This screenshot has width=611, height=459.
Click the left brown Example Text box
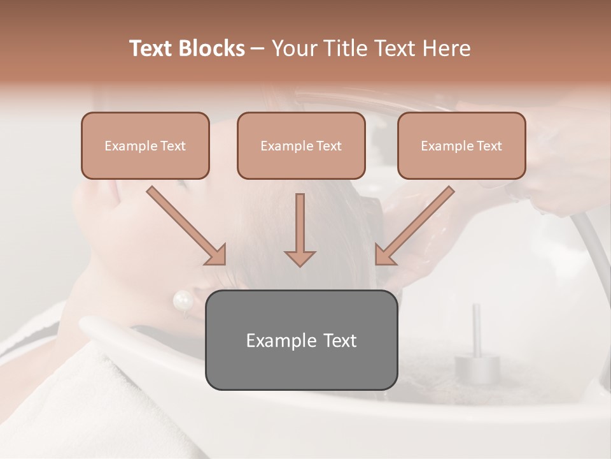(145, 146)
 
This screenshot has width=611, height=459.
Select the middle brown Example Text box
(301, 146)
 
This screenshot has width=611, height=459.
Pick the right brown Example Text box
(461, 146)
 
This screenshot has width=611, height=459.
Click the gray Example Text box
(301, 340)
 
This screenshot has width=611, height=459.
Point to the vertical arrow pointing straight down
(300, 229)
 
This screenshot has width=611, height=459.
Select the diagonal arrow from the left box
(186, 226)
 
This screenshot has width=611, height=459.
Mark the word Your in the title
(292, 48)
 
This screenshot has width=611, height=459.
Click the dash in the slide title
(258, 48)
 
